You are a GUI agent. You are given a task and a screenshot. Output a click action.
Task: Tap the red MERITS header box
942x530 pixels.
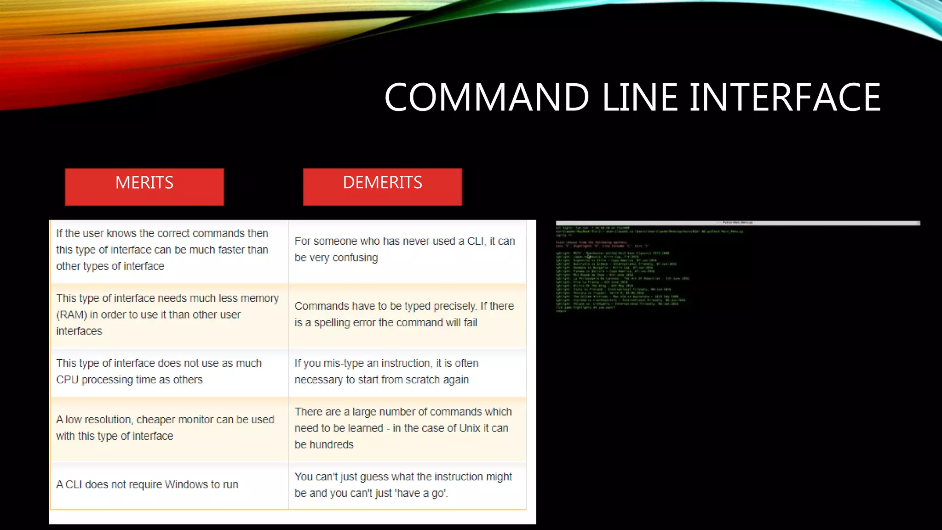point(144,186)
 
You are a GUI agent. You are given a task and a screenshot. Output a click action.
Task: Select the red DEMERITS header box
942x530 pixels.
point(382,186)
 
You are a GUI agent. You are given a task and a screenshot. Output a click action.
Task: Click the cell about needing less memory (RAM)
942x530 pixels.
point(169,315)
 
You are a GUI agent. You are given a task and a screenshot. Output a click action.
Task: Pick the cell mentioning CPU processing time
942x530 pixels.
point(169,372)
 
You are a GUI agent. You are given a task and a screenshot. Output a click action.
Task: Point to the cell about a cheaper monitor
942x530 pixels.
point(169,428)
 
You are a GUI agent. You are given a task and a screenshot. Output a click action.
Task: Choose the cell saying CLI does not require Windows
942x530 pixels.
point(169,485)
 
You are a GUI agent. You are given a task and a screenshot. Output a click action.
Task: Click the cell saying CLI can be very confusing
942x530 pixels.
point(407,249)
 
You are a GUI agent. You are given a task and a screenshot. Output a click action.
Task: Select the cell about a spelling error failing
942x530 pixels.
point(407,315)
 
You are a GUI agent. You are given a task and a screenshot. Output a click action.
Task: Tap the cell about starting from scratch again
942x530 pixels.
point(407,372)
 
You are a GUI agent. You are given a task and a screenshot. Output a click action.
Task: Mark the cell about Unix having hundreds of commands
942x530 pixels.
point(407,428)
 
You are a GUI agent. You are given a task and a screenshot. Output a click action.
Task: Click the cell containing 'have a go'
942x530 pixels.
point(407,485)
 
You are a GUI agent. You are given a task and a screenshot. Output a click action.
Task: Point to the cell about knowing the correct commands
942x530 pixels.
point(169,250)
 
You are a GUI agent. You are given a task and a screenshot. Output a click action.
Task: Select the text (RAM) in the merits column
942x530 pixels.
point(72,315)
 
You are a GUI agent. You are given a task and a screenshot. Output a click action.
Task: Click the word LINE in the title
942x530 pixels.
point(639,98)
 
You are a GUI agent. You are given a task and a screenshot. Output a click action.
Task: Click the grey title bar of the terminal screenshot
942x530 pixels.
point(738,223)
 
